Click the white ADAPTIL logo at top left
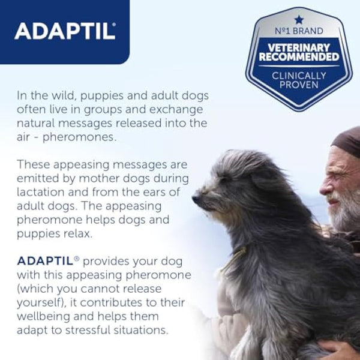click(x=65, y=31)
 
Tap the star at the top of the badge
click(x=299, y=19)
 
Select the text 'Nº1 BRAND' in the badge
click(x=299, y=31)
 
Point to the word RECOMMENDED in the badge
click(x=299, y=58)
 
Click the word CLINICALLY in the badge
click(x=299, y=76)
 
